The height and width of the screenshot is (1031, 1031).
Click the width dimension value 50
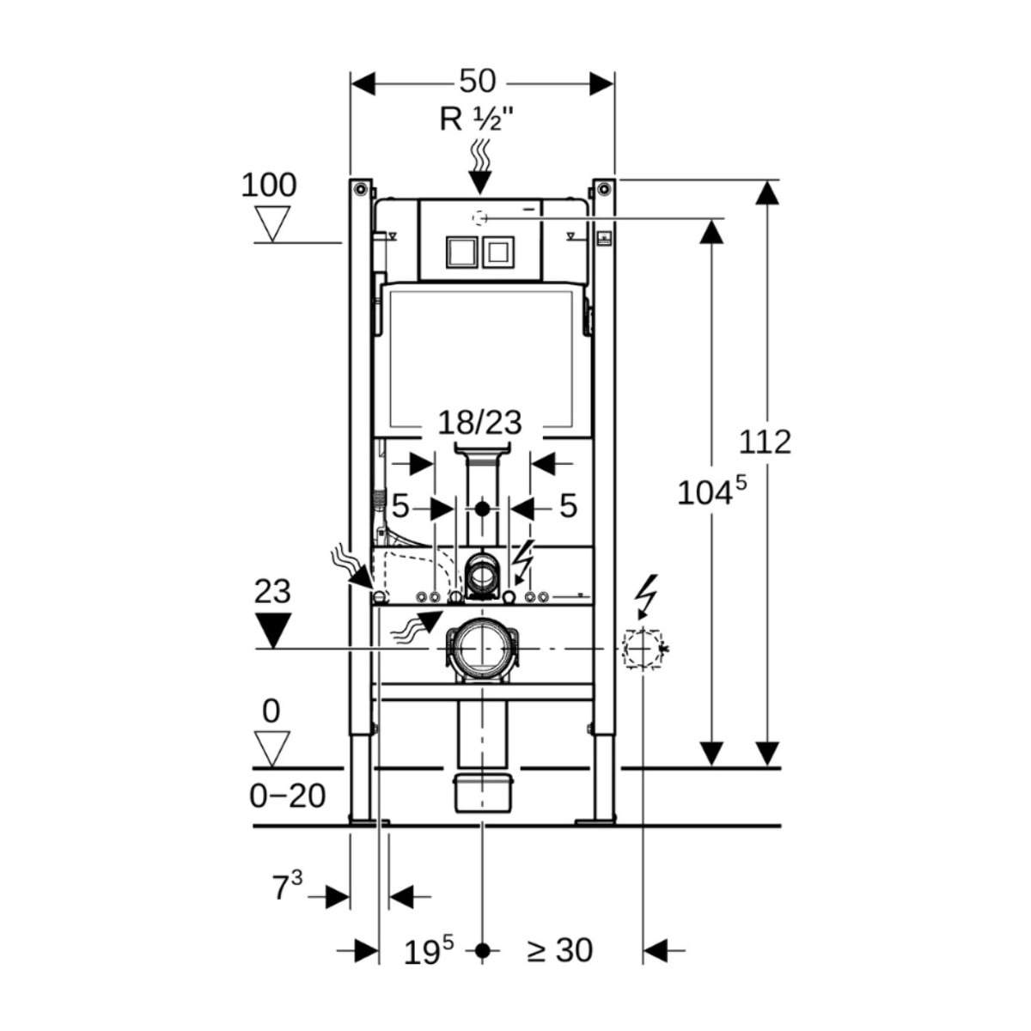point(477,82)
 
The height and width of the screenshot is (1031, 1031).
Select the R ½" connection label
point(477,119)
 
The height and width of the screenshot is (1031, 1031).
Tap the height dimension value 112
point(765,442)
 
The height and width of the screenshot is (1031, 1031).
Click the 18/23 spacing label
point(480,423)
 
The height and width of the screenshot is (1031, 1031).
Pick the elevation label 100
point(268,185)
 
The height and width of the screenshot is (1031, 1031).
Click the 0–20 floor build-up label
point(287,796)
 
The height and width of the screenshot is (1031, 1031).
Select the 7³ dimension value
point(287,887)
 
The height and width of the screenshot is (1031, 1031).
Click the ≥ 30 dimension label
point(560,950)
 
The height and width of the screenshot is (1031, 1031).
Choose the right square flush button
point(497,252)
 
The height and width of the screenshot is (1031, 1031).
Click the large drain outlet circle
point(482,649)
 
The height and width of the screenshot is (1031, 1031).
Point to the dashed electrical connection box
point(643,649)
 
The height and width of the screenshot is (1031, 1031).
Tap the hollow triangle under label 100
point(274,222)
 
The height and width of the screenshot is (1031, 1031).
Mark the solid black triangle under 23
point(273,630)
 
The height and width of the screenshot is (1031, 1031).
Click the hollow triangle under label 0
point(273,747)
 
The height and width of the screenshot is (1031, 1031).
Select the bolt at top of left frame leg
point(360,188)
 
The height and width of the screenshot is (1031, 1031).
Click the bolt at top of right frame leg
point(604,188)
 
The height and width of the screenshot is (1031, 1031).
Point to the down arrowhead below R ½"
point(479,182)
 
